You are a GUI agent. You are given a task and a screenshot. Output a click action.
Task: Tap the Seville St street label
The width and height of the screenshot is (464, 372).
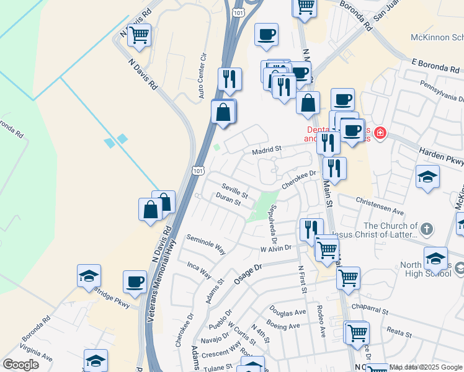[235, 191]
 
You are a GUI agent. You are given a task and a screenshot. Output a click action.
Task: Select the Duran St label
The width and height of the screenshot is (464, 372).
[228, 200]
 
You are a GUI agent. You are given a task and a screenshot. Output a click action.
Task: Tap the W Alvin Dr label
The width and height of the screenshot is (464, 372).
[275, 248]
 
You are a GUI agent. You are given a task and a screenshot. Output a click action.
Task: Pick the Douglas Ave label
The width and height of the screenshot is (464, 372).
[288, 312]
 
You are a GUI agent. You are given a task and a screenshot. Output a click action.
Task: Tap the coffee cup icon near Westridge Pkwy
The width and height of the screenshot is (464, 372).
[135, 282]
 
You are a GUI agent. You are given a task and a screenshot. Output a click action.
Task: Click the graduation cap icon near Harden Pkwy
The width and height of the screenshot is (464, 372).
[427, 176]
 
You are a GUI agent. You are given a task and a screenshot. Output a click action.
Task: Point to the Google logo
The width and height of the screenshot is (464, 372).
[20, 365]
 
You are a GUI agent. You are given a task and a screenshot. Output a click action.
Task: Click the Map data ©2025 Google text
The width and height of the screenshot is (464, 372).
[426, 367]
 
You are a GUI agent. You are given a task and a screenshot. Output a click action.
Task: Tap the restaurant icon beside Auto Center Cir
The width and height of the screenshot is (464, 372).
[230, 79]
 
